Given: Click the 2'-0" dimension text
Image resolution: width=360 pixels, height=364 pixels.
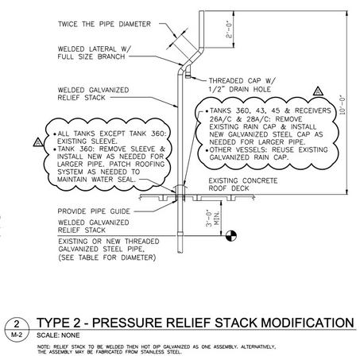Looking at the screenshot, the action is [229, 29].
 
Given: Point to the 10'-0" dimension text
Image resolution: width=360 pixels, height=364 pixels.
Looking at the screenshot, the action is [343, 105].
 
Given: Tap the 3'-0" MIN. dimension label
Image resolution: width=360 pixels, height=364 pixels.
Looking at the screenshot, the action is [213, 218].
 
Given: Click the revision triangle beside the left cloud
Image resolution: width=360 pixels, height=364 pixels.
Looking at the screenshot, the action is [38, 142].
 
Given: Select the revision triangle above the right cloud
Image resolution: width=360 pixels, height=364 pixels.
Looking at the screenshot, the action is [318, 91].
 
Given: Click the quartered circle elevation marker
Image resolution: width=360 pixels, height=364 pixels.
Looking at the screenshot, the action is [231, 235].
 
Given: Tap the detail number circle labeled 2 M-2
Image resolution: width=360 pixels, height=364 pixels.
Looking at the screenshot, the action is [17, 329].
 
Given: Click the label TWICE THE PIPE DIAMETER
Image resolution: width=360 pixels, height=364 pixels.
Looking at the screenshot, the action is [104, 24].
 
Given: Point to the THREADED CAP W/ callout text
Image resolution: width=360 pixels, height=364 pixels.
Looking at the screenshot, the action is [242, 80].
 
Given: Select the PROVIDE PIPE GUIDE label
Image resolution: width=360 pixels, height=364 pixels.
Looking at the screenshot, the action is [94, 211].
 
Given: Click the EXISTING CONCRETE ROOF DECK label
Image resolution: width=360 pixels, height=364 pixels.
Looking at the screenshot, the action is [243, 184].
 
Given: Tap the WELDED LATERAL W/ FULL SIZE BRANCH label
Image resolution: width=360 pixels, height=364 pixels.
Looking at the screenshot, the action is [95, 52].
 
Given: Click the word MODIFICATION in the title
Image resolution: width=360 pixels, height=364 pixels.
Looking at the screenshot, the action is [308, 323].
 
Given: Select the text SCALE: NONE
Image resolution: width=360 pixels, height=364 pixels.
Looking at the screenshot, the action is [58, 335].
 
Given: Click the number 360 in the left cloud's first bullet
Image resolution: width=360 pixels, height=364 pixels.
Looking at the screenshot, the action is [158, 134].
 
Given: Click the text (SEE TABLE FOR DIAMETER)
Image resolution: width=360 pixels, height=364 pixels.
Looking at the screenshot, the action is [106, 258].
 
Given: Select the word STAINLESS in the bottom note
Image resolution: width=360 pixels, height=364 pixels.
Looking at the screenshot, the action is [153, 352].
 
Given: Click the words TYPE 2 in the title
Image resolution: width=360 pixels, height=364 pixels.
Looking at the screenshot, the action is [59, 323].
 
